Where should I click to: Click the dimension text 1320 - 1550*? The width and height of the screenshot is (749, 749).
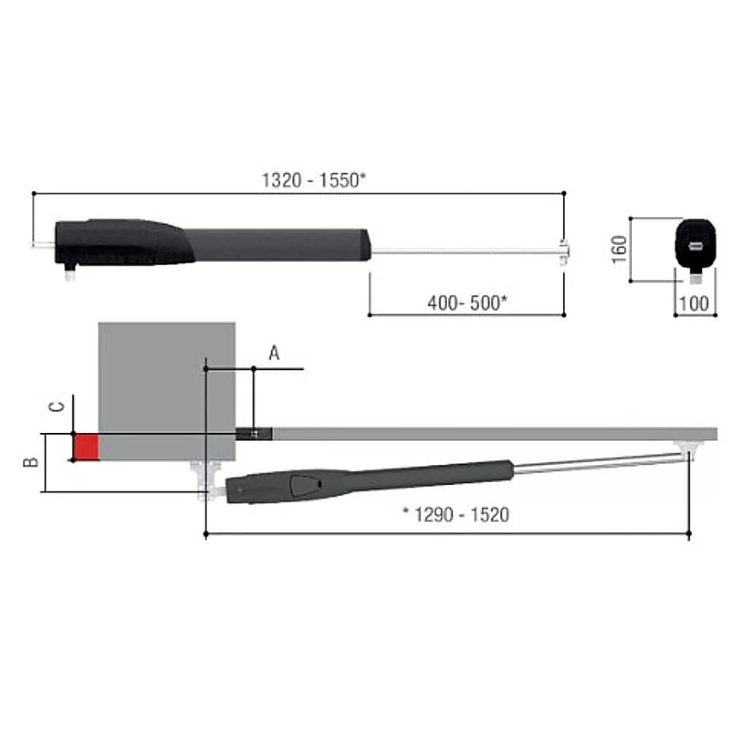point(314,181)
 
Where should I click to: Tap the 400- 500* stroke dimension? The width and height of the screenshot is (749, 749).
point(467,303)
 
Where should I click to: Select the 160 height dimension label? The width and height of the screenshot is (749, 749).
point(619,249)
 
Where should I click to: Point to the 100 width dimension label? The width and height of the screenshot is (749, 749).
point(693,304)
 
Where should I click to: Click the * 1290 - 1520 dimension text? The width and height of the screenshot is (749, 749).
point(456,514)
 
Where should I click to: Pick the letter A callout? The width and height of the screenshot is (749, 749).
point(274,353)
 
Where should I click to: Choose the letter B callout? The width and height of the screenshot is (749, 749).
point(31,462)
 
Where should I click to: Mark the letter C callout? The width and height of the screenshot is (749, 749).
point(57,407)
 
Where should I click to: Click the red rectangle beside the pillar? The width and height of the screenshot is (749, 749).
point(86,447)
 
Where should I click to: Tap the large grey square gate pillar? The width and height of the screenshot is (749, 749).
point(167,391)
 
